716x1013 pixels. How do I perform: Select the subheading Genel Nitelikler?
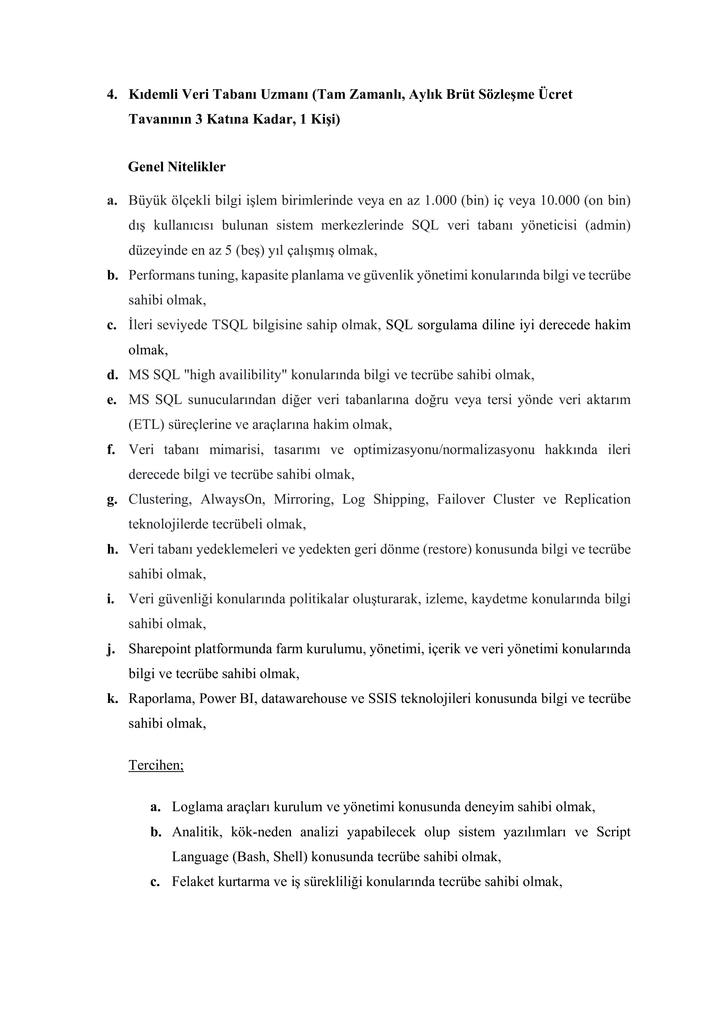coord(176,167)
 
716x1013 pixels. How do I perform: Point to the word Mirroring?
coord(302,500)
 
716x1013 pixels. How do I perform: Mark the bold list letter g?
coord(112,500)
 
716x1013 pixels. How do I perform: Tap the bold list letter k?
coord(112,699)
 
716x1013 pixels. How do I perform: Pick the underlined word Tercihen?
coord(156,765)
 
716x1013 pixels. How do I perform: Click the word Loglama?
coord(197,807)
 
